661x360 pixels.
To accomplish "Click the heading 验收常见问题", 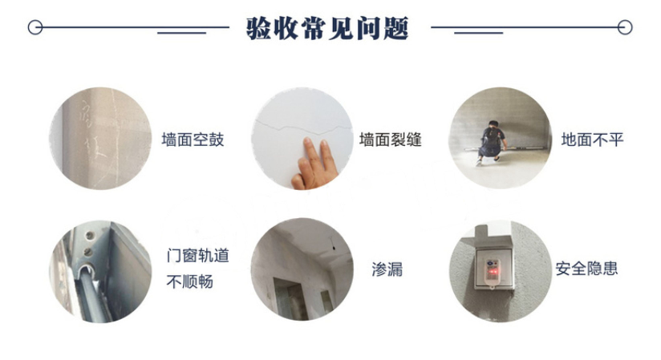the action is pos(327,28).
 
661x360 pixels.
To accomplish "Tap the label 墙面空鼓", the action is pos(193,140).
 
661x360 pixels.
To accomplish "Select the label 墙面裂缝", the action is pos(391,140).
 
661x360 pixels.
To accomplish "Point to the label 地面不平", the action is pos(592,140).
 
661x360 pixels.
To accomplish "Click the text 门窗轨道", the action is pos(197,256).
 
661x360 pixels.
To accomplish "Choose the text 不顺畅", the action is pos(189,281).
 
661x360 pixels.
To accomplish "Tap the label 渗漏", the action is pos(387,269).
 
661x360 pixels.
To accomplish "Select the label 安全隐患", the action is pos(586,269).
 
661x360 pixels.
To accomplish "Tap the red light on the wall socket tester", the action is pos(492,272).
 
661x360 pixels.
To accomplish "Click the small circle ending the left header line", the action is pos(35,27).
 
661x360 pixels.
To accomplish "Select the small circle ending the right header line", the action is pos(625,27).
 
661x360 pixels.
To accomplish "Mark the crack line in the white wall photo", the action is pos(302,127).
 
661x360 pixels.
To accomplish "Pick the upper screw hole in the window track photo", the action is pos(89,235).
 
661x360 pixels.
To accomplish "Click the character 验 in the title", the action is pos(258,28).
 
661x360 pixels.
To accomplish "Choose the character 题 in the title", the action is pos(395,28).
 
